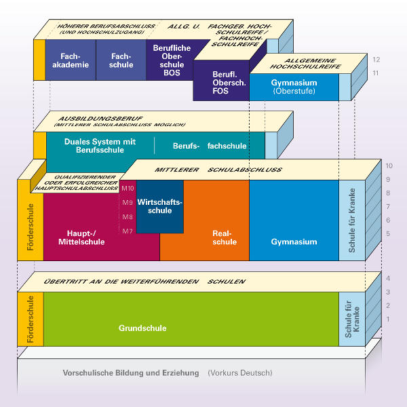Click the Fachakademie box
(x=71, y=60)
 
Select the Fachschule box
(x=121, y=60)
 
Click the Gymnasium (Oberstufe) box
(x=293, y=87)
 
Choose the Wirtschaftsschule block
(x=159, y=206)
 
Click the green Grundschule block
(x=142, y=328)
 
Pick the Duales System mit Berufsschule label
(x=100, y=145)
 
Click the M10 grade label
(x=128, y=188)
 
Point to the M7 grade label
(x=128, y=231)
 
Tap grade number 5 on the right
(x=387, y=233)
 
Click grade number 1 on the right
(x=387, y=319)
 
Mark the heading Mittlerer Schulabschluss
(x=218, y=169)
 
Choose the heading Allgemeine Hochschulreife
(x=305, y=64)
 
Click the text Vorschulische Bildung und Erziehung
(x=131, y=373)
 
